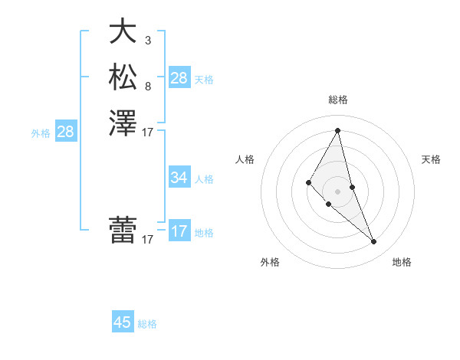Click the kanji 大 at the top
pyautogui.click(x=123, y=31)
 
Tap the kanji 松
pyautogui.click(x=123, y=77)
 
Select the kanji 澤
pyautogui.click(x=123, y=123)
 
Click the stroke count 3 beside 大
pyautogui.click(x=148, y=40)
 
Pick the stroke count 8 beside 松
pyautogui.click(x=148, y=86)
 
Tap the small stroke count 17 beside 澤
pyautogui.click(x=148, y=133)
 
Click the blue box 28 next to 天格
pyautogui.click(x=179, y=78)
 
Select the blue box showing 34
pyautogui.click(x=179, y=178)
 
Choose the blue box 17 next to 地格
pyautogui.click(x=179, y=231)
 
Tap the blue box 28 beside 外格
pyautogui.click(x=65, y=132)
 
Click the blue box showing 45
pyautogui.click(x=123, y=322)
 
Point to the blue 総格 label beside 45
pyautogui.click(x=147, y=324)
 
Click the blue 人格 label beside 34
pyautogui.click(x=204, y=179)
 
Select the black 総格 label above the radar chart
pyautogui.click(x=338, y=100)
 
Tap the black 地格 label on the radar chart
pyautogui.click(x=402, y=262)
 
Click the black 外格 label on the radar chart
pyautogui.click(x=270, y=262)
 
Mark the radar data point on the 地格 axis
pyautogui.click(x=374, y=242)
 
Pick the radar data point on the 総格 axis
pyautogui.click(x=338, y=130)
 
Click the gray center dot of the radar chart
pyautogui.click(x=338, y=191)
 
